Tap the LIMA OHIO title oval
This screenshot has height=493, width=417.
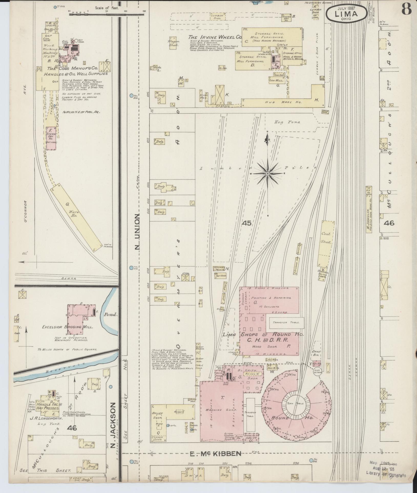point(346,13)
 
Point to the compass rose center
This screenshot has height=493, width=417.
point(267,174)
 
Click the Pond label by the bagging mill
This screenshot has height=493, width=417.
point(111,315)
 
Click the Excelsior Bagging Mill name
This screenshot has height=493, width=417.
point(67,327)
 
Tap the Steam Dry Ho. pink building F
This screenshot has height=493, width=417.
point(51,138)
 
